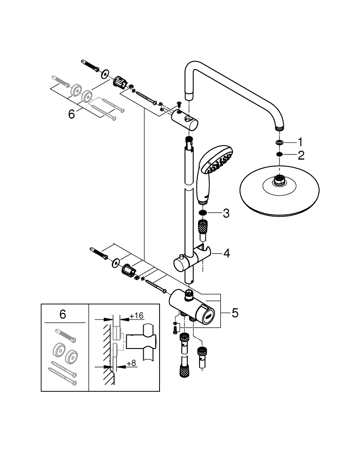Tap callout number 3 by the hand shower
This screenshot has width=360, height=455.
226,213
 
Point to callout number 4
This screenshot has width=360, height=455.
226,253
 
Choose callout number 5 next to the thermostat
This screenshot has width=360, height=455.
235,313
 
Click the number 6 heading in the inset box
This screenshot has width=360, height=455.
63,313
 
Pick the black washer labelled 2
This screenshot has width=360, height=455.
279,156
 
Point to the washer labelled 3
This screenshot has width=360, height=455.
203,212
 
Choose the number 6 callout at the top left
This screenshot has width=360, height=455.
71,114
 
